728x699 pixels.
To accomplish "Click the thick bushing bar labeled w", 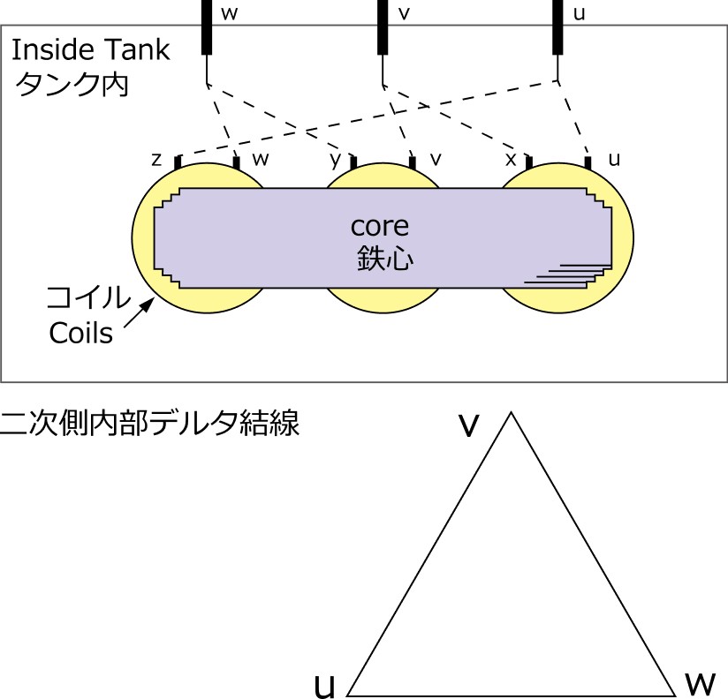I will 207,26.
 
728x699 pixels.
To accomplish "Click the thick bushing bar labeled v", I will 383,26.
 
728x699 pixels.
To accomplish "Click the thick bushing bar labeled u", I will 558,26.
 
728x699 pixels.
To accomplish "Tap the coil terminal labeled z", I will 178,163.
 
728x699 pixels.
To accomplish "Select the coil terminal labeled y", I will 353,163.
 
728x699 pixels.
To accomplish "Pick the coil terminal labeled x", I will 529,163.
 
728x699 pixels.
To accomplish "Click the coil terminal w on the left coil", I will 236,162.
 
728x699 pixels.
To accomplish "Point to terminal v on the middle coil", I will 412,162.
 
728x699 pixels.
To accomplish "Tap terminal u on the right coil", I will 588,162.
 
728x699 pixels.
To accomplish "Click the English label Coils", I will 81,334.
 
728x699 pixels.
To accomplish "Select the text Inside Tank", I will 89,49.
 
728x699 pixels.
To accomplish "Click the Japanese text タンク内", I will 70,86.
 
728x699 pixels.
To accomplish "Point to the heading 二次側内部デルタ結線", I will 151,425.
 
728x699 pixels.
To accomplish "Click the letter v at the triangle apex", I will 468,425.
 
